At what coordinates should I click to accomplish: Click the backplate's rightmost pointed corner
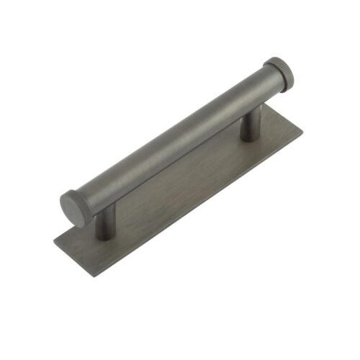(x=303, y=130)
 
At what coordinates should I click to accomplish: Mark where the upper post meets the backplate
(x=249, y=138)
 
